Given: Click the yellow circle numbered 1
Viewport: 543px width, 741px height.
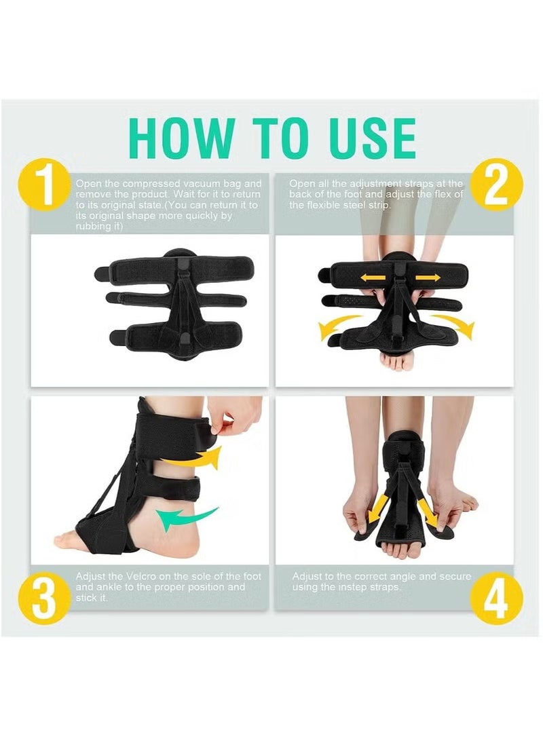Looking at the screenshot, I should point(45,185).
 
